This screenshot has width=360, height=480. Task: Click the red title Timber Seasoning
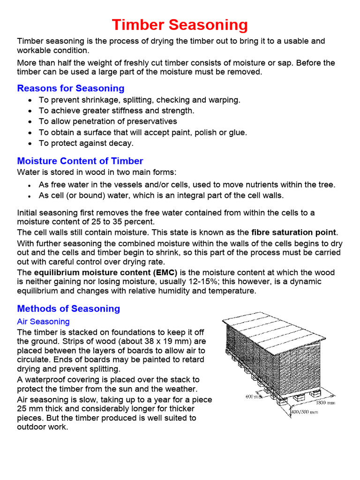tap(180, 25)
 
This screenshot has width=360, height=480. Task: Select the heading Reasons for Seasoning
tap(71, 88)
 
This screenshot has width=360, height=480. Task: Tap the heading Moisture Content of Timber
tap(80, 161)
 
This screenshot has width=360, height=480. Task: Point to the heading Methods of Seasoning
tap(68, 308)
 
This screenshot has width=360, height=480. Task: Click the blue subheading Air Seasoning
tap(43, 322)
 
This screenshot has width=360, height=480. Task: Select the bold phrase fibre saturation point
tap(294, 232)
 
